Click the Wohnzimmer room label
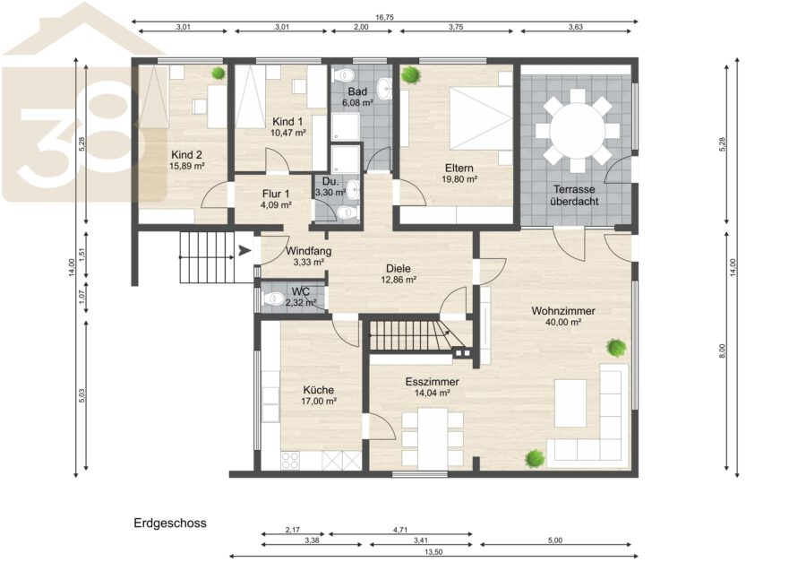[x=563, y=311]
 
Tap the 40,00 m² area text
[x=563, y=323]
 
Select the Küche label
[x=318, y=390]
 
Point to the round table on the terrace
[x=578, y=131]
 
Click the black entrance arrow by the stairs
[x=245, y=251]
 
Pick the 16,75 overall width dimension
[x=384, y=17]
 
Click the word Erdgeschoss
[x=170, y=523]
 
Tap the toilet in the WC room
[x=272, y=298]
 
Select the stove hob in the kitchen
[x=290, y=460]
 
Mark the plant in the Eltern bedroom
[x=411, y=74]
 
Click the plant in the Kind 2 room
[x=219, y=73]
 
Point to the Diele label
[x=399, y=269]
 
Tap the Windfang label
[x=308, y=252]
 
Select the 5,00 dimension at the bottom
[x=555, y=541]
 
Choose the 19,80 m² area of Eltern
[x=459, y=179]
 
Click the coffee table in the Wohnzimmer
[x=570, y=403]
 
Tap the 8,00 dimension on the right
[x=722, y=350]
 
